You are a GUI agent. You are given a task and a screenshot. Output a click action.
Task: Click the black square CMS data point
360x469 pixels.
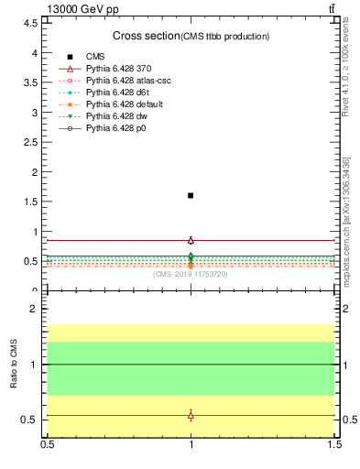point(191,195)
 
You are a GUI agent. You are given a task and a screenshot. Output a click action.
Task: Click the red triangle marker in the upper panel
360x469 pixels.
point(191,240)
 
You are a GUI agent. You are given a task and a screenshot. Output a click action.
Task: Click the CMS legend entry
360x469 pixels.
point(95,57)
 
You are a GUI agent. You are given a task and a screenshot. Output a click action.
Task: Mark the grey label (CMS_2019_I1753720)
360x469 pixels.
point(191,274)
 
